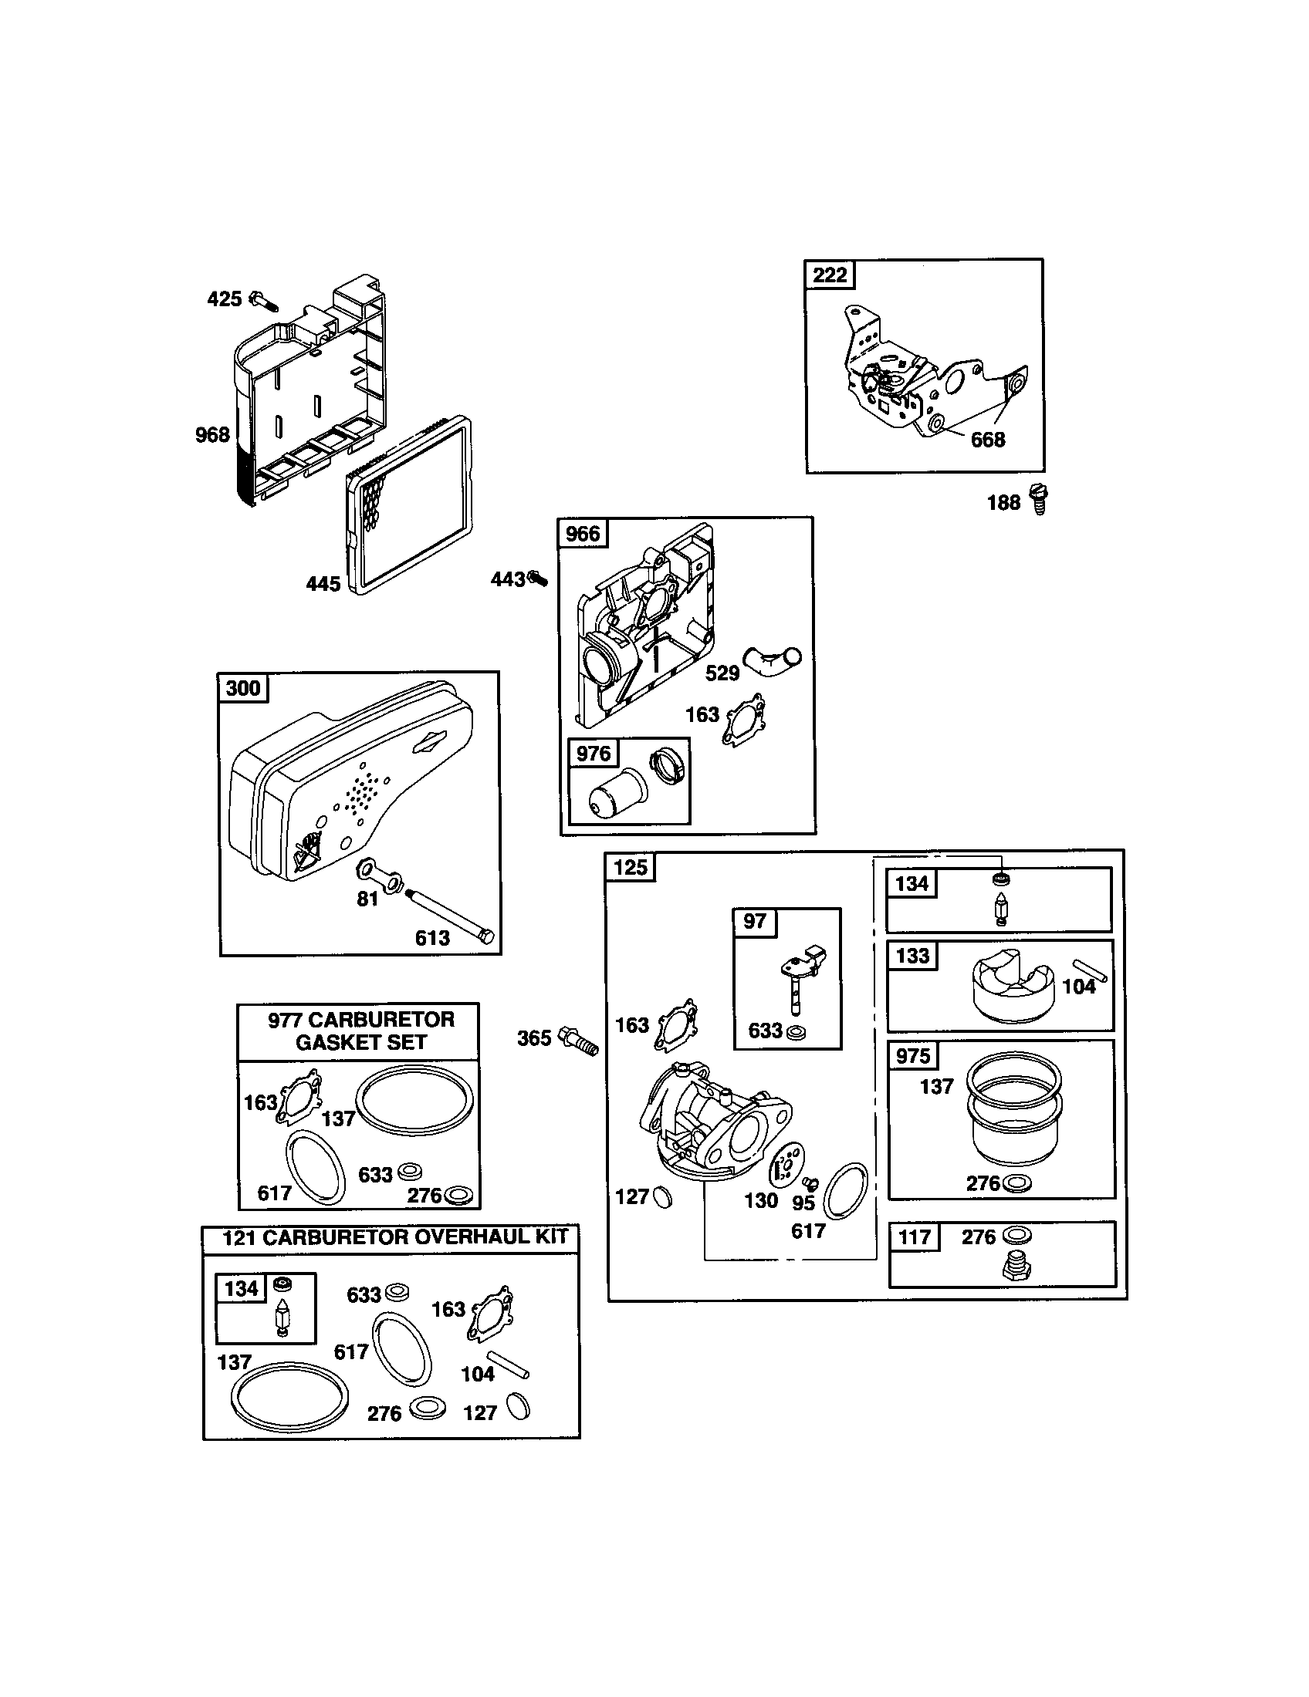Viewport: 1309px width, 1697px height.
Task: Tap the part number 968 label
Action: point(212,434)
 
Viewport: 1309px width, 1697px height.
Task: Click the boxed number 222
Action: point(830,275)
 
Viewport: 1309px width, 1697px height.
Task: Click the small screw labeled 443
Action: point(537,578)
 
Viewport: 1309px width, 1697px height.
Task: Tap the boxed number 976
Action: point(593,753)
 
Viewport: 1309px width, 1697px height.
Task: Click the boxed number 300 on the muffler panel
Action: point(243,688)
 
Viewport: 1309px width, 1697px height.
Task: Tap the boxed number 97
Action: point(754,922)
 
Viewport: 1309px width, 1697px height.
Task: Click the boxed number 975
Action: point(912,1056)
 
